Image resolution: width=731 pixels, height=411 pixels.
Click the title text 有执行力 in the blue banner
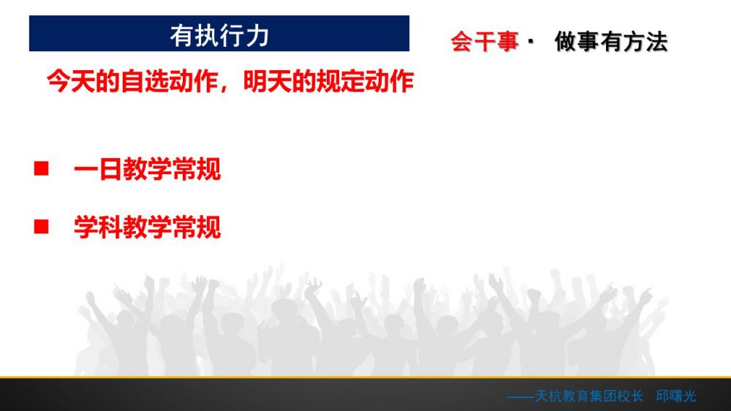coord(219,35)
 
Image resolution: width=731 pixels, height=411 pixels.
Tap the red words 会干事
coord(485,42)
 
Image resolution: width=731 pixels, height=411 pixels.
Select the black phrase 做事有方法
coord(611,42)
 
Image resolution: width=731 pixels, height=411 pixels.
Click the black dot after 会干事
coord(531,41)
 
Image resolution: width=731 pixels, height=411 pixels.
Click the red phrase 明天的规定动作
coord(329,81)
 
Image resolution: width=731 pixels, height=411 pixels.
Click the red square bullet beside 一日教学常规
coord(42,168)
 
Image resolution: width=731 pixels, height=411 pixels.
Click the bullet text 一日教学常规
coord(148,169)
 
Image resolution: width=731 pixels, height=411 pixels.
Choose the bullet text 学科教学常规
coord(148,227)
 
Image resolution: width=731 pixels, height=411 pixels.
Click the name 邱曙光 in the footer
coord(676,396)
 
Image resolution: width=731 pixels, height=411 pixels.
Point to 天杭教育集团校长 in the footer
coord(588,396)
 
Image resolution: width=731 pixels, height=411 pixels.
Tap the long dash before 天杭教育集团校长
coord(520,397)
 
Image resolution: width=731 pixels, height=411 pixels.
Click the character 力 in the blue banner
coord(257,35)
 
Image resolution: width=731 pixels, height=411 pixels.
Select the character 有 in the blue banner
coord(182,35)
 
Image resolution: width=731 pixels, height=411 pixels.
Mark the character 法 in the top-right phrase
coord(657,42)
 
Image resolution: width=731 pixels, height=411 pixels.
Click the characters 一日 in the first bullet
coord(98,169)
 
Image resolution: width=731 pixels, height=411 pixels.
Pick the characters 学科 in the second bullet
coord(98,227)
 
